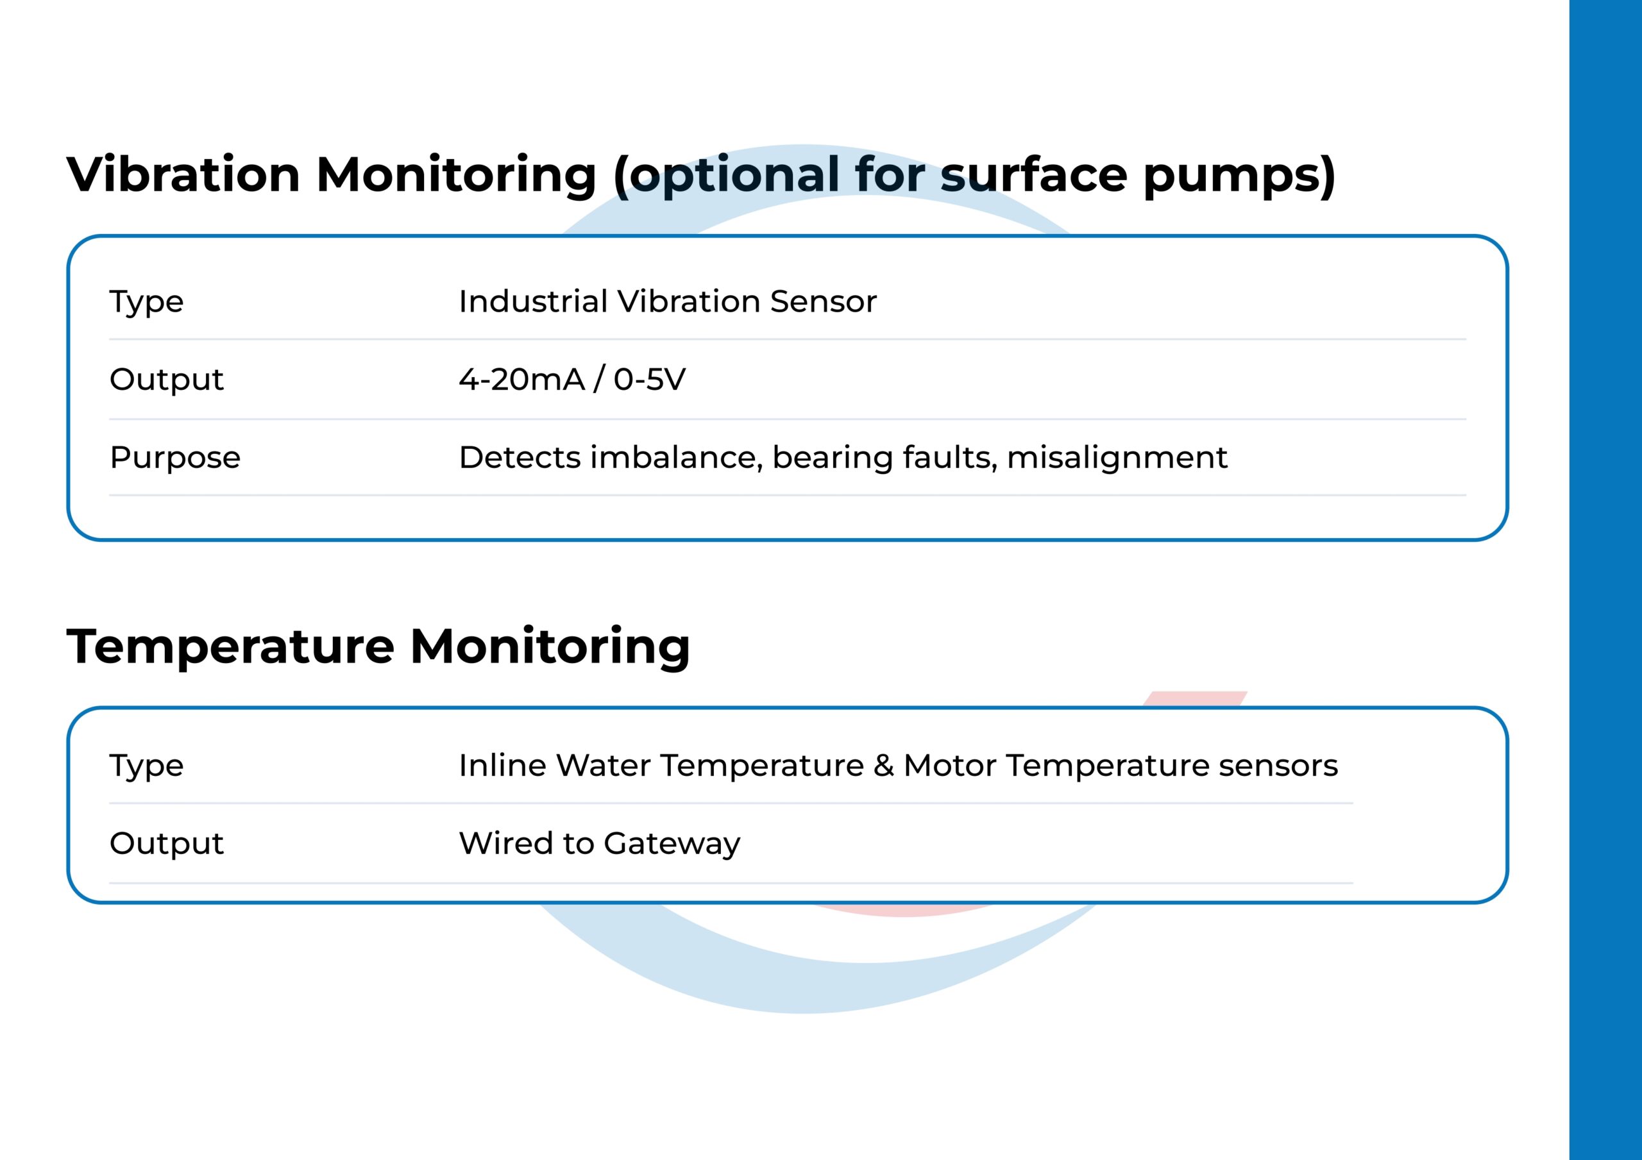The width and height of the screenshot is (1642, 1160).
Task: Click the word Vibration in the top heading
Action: [x=183, y=174]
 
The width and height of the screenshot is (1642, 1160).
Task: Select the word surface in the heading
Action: [x=1033, y=174]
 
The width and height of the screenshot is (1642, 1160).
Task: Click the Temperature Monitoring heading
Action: [x=378, y=646]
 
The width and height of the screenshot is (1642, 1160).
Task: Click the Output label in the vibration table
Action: [x=167, y=379]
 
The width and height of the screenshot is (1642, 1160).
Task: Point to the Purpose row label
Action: [x=175, y=458]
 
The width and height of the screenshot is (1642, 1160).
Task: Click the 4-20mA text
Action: [x=522, y=379]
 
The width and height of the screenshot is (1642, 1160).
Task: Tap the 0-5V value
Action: [x=649, y=379]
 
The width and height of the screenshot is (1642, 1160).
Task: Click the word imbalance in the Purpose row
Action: [x=676, y=457]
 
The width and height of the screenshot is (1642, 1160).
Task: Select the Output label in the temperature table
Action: [x=167, y=843]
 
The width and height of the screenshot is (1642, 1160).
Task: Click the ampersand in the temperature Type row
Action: [x=884, y=765]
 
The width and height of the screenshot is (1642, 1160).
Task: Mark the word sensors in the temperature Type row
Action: [x=1278, y=768]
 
